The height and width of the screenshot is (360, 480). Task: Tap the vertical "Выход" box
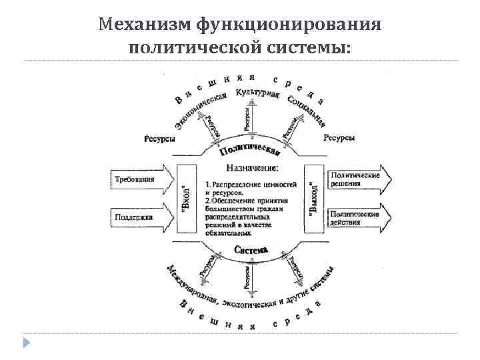(x=313, y=198)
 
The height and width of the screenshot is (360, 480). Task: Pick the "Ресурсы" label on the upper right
(x=339, y=139)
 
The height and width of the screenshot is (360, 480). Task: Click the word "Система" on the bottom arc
(x=252, y=249)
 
